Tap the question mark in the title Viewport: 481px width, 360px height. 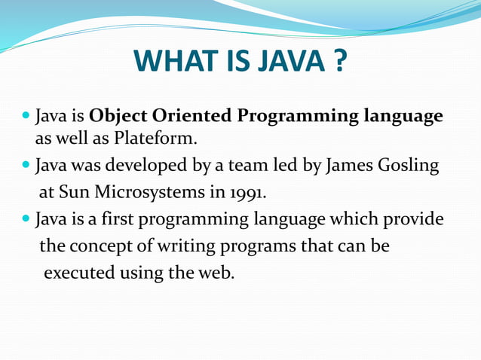(337, 62)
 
